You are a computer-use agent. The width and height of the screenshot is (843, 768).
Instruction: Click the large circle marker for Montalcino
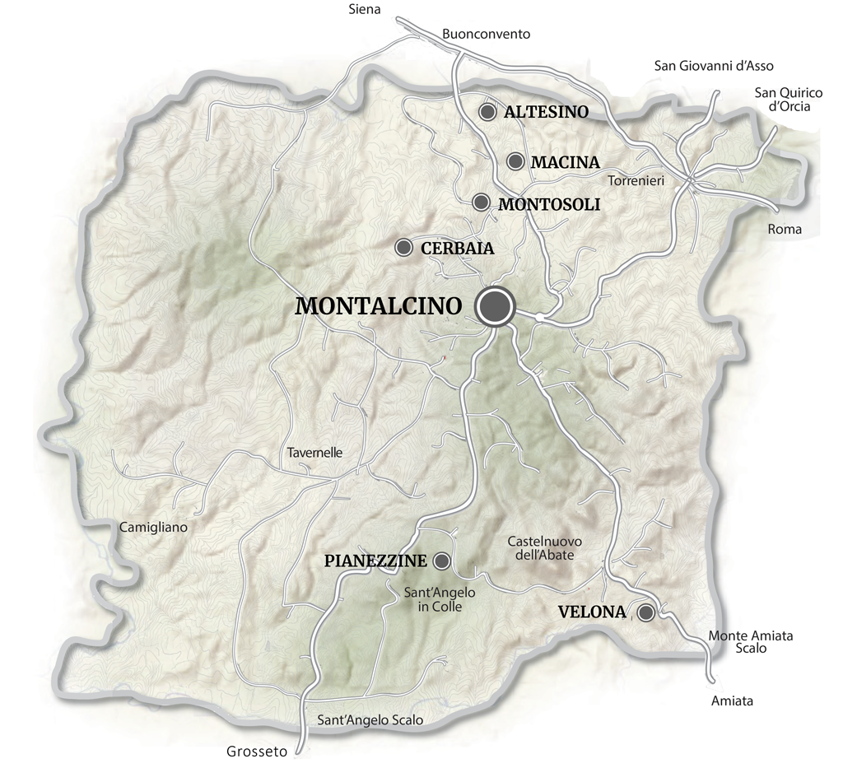495,306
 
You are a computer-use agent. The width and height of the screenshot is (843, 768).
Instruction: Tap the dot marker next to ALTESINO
488,111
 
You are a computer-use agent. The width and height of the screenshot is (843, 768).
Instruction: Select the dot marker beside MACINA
516,161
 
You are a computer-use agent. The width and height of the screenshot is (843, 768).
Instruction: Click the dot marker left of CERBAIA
404,247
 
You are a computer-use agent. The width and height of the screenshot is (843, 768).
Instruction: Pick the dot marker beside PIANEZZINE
442,561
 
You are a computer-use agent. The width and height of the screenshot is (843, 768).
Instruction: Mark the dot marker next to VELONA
646,612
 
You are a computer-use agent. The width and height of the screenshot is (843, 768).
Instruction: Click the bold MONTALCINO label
378,306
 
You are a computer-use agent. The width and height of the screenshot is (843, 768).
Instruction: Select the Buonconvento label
487,35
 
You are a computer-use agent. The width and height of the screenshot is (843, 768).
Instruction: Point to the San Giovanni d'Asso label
714,66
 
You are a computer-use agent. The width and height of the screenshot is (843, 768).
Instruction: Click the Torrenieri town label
636,179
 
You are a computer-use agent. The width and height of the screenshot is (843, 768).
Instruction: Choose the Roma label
784,230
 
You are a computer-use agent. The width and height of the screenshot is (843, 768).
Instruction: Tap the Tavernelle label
315,453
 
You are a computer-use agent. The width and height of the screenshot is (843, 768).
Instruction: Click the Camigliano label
154,526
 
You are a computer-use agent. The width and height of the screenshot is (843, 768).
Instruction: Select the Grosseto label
257,752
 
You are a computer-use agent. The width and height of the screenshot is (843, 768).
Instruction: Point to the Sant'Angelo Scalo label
370,720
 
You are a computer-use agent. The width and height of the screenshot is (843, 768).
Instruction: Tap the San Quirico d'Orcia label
783,99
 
